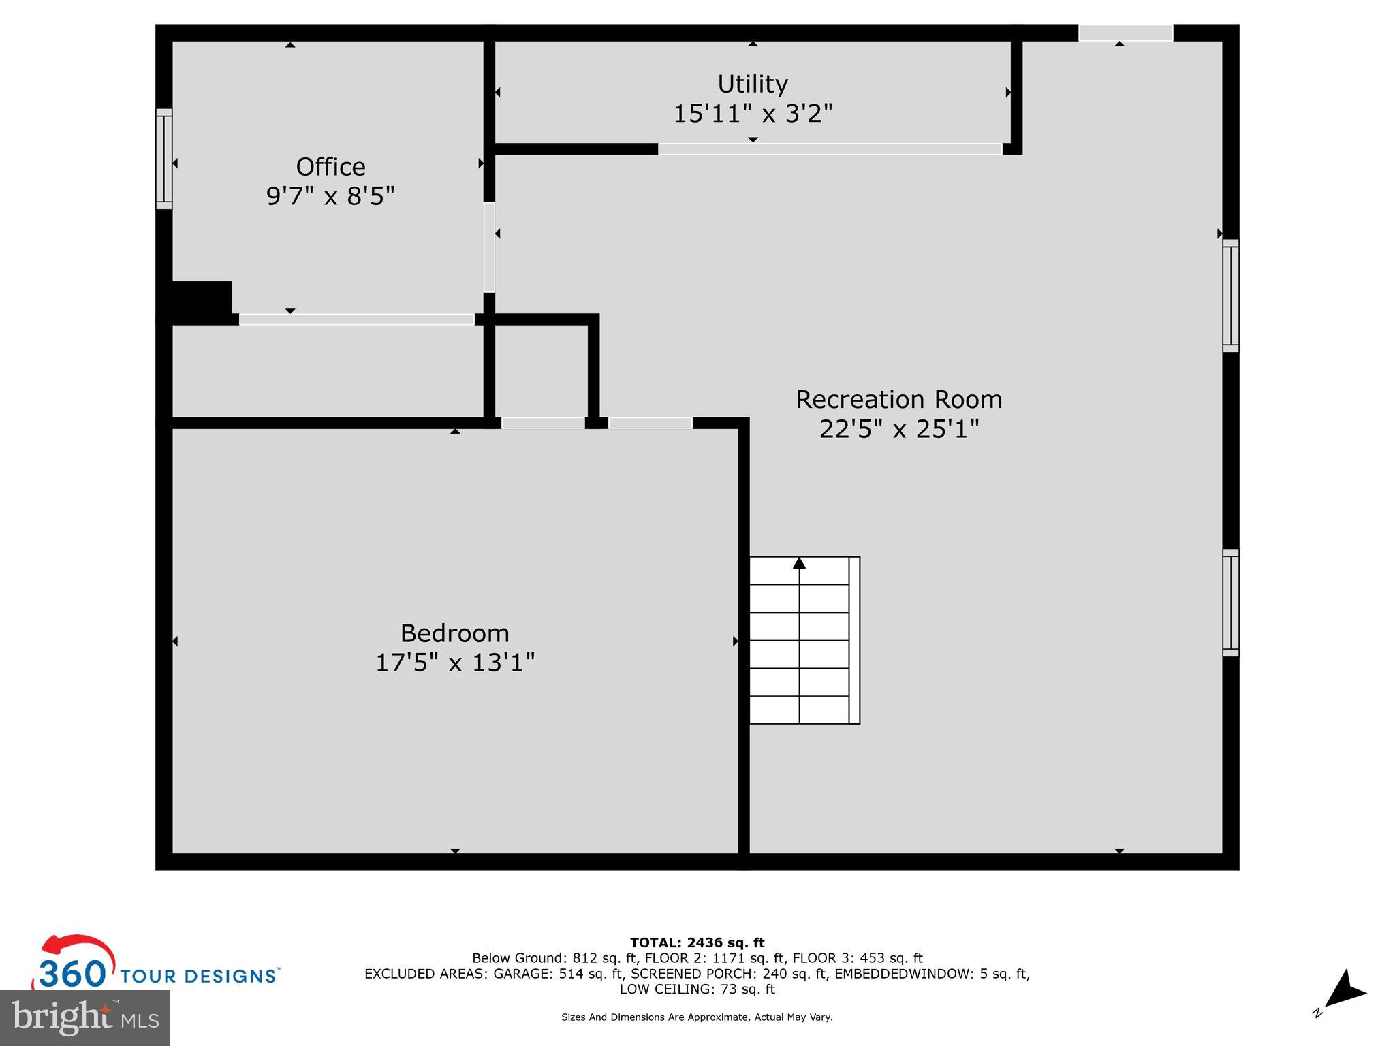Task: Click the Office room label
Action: tap(330, 167)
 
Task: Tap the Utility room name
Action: tap(753, 84)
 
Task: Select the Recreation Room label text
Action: tap(899, 399)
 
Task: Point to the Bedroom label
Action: tap(454, 633)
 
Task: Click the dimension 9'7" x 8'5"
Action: tap(330, 196)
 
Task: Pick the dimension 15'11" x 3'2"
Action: tap(753, 113)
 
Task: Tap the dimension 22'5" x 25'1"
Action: tap(899, 429)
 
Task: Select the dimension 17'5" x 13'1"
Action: tap(455, 663)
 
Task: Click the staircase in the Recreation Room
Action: tap(804, 640)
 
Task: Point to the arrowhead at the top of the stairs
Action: tap(799, 563)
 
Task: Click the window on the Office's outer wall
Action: tap(164, 159)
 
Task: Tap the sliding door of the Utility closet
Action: tap(830, 149)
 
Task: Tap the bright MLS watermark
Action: tap(85, 1017)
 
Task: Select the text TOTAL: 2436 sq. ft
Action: tap(697, 943)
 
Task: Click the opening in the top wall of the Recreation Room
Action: tap(1125, 33)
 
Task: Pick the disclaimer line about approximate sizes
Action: tap(697, 1017)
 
